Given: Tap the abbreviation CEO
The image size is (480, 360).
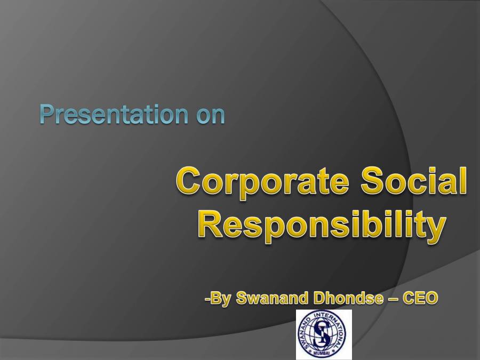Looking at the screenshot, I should (x=420, y=298).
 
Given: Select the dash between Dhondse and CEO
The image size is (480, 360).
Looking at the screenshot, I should (x=392, y=299).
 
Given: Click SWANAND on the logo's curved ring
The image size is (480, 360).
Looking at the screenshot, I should (x=303, y=331).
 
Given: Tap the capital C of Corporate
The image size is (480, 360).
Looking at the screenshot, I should (x=188, y=182).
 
